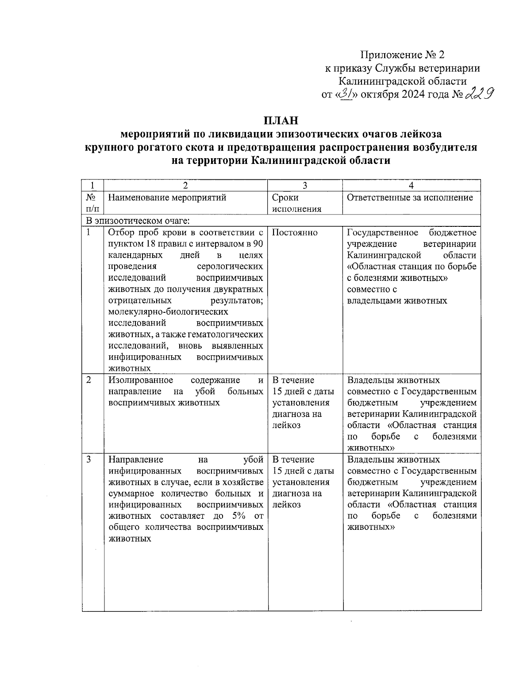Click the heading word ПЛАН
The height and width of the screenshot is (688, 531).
281,120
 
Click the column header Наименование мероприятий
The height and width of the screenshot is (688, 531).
167,198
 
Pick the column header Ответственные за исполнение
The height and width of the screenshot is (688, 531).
410,198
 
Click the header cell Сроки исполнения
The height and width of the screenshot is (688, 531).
297,203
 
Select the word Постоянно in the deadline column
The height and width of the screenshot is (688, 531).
295,233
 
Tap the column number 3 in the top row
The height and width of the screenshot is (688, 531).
305,186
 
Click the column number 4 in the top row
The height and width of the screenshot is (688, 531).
412,186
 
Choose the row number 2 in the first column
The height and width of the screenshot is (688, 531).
88,380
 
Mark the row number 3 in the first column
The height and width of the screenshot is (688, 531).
88,459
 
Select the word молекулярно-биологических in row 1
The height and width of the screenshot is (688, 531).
169,312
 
